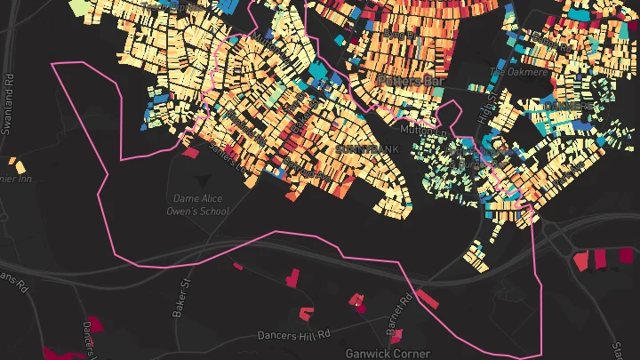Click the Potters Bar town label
(410, 80)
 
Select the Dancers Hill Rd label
(294, 336)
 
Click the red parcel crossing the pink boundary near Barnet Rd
(427, 299)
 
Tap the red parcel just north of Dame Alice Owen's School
(190, 152)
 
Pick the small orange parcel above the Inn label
(16, 164)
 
